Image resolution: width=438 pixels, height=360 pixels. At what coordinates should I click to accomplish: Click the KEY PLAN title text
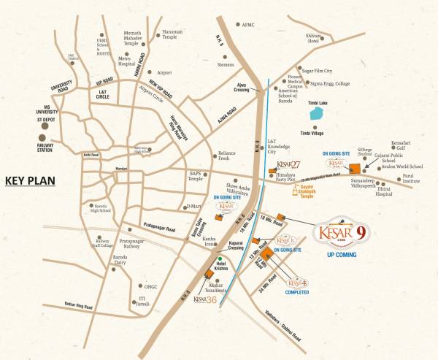(x=34, y=181)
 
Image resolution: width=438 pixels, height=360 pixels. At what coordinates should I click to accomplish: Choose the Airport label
(x=164, y=72)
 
